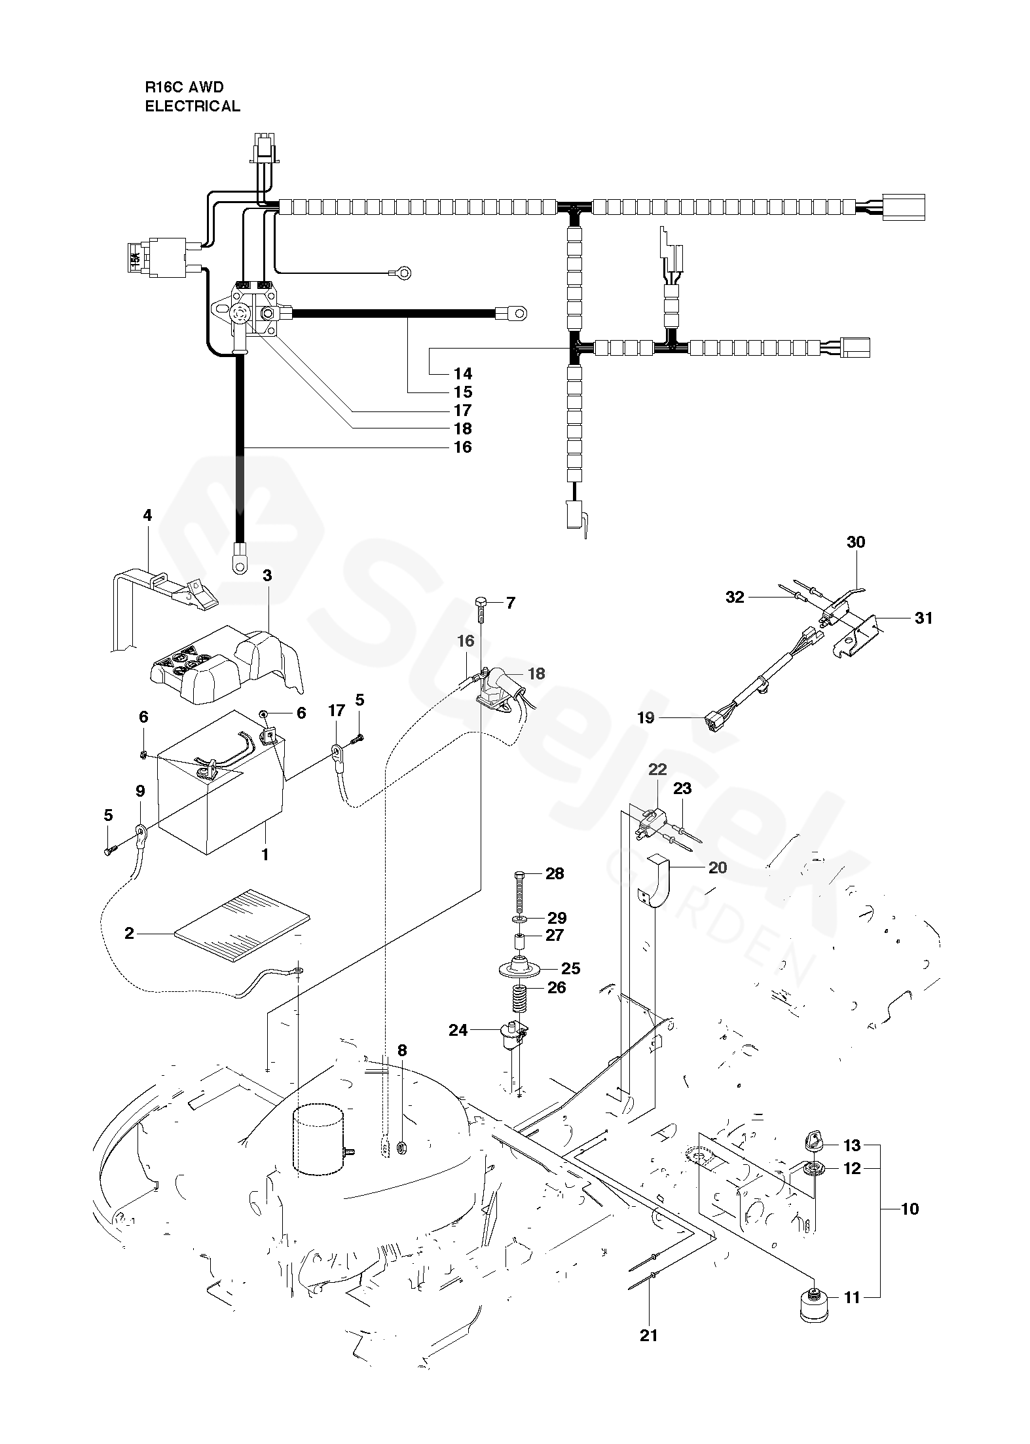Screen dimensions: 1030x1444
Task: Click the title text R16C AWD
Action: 184,86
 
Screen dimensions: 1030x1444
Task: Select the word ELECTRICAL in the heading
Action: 193,106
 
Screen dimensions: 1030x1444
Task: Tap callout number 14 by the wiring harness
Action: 463,373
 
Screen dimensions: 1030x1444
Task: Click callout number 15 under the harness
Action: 463,392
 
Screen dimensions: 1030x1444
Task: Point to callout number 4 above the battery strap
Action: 147,516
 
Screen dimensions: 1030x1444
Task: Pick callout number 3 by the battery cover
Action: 267,575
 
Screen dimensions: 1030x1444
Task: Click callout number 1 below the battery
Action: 265,854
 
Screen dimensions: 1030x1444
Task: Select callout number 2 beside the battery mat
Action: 129,933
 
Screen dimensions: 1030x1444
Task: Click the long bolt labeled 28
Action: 519,891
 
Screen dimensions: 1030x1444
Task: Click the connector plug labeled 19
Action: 718,721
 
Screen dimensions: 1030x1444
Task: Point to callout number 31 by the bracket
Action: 923,618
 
